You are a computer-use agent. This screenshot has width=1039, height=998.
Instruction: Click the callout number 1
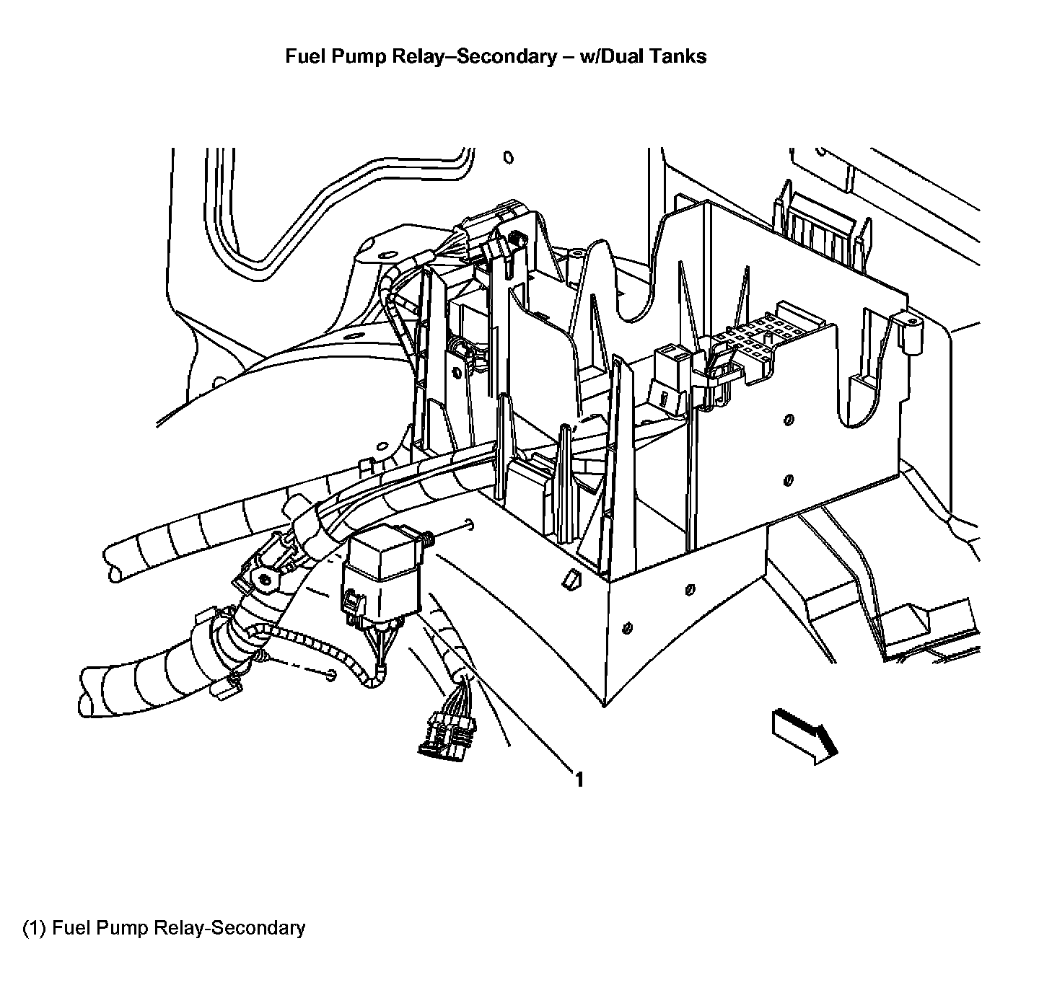click(x=579, y=780)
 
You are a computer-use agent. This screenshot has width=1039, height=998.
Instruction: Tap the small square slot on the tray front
click(x=571, y=579)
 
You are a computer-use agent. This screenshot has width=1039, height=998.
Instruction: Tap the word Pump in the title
click(x=359, y=56)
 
